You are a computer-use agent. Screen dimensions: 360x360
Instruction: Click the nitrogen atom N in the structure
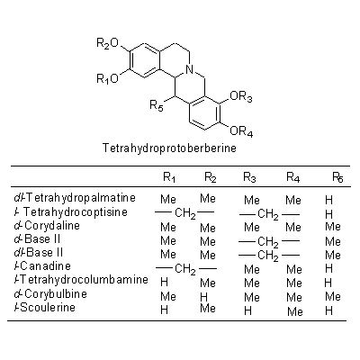[x=189, y=70]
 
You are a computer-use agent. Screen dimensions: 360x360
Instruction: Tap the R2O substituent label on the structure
[x=108, y=44]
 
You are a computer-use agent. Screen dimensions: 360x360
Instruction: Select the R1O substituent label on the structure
[x=108, y=79]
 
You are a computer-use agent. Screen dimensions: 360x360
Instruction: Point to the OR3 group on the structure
[x=241, y=97]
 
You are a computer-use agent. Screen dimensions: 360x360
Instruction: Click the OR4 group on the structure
[x=241, y=131]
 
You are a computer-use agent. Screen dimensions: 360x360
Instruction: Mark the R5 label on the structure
[x=157, y=105]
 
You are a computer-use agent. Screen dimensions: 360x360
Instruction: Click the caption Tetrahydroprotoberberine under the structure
[x=169, y=148]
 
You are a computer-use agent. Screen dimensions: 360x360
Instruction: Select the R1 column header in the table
[x=169, y=177]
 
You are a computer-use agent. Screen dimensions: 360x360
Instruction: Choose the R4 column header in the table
[x=293, y=177]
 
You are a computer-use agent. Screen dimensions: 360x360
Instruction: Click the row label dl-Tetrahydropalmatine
[x=75, y=198]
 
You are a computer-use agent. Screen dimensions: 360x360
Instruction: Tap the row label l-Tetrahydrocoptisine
[x=71, y=212]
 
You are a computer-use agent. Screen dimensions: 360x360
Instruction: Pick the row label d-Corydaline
[x=47, y=226]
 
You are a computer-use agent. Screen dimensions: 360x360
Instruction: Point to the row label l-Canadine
[x=42, y=266]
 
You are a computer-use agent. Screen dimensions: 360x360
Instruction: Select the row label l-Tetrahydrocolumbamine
[x=81, y=280]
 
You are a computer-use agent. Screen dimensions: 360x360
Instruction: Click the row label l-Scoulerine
[x=45, y=307]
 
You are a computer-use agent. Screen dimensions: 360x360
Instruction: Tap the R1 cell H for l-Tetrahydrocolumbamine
[x=164, y=282]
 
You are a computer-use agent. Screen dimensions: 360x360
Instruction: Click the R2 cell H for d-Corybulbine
[x=203, y=297]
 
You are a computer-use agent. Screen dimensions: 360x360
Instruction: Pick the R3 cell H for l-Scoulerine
[x=247, y=310]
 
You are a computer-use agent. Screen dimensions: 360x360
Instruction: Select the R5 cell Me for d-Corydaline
[x=333, y=227]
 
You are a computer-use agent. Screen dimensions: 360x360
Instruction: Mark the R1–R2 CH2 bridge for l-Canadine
[x=185, y=268]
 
